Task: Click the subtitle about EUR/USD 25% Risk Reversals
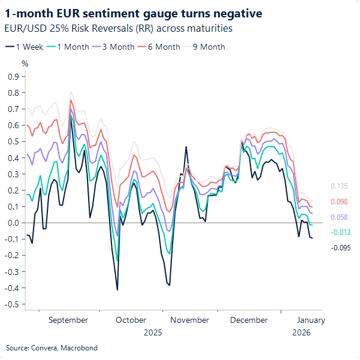118,28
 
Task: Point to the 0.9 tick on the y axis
13,77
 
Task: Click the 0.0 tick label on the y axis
13,223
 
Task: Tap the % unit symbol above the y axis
25,63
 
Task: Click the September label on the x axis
68,320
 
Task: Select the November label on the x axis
190,320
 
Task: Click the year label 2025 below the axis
153,332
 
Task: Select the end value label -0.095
340,247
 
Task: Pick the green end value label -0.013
340,232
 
